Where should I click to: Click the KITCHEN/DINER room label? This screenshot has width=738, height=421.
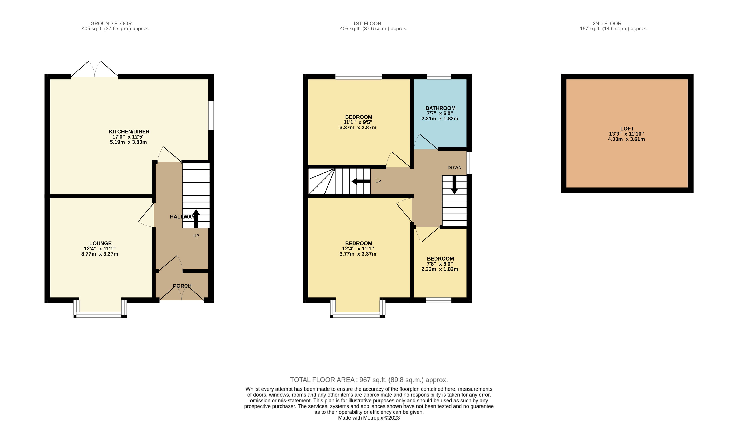click(x=129, y=132)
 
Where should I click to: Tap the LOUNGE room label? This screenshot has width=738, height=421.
click(x=100, y=244)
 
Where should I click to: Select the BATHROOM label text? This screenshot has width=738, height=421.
click(x=440, y=108)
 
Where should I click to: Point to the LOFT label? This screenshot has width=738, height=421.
click(x=627, y=129)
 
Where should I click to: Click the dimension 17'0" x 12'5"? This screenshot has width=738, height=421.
click(x=128, y=137)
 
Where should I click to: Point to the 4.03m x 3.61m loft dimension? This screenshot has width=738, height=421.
click(x=626, y=139)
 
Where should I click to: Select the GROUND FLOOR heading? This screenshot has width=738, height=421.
click(x=111, y=23)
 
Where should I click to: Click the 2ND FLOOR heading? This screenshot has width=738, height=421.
click(x=607, y=23)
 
